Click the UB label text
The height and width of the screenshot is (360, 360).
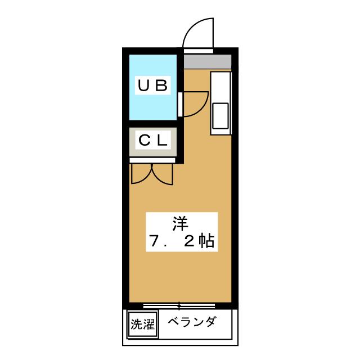point(152,86)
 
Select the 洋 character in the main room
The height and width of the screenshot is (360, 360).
point(179,223)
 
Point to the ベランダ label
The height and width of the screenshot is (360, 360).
point(192,323)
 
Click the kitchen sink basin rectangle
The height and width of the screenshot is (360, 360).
point(220,115)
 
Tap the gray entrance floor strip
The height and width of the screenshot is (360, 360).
point(207,61)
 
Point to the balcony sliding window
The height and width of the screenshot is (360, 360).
point(179,306)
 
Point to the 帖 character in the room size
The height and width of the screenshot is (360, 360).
point(206,241)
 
